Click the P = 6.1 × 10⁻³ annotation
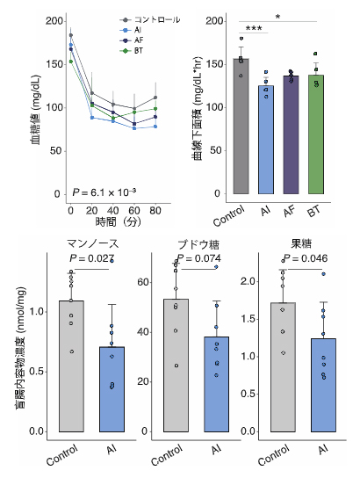pyautogui.click(x=104, y=191)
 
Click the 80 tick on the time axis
pyautogui.click(x=155, y=212)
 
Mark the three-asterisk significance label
pyautogui.click(x=255, y=29)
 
